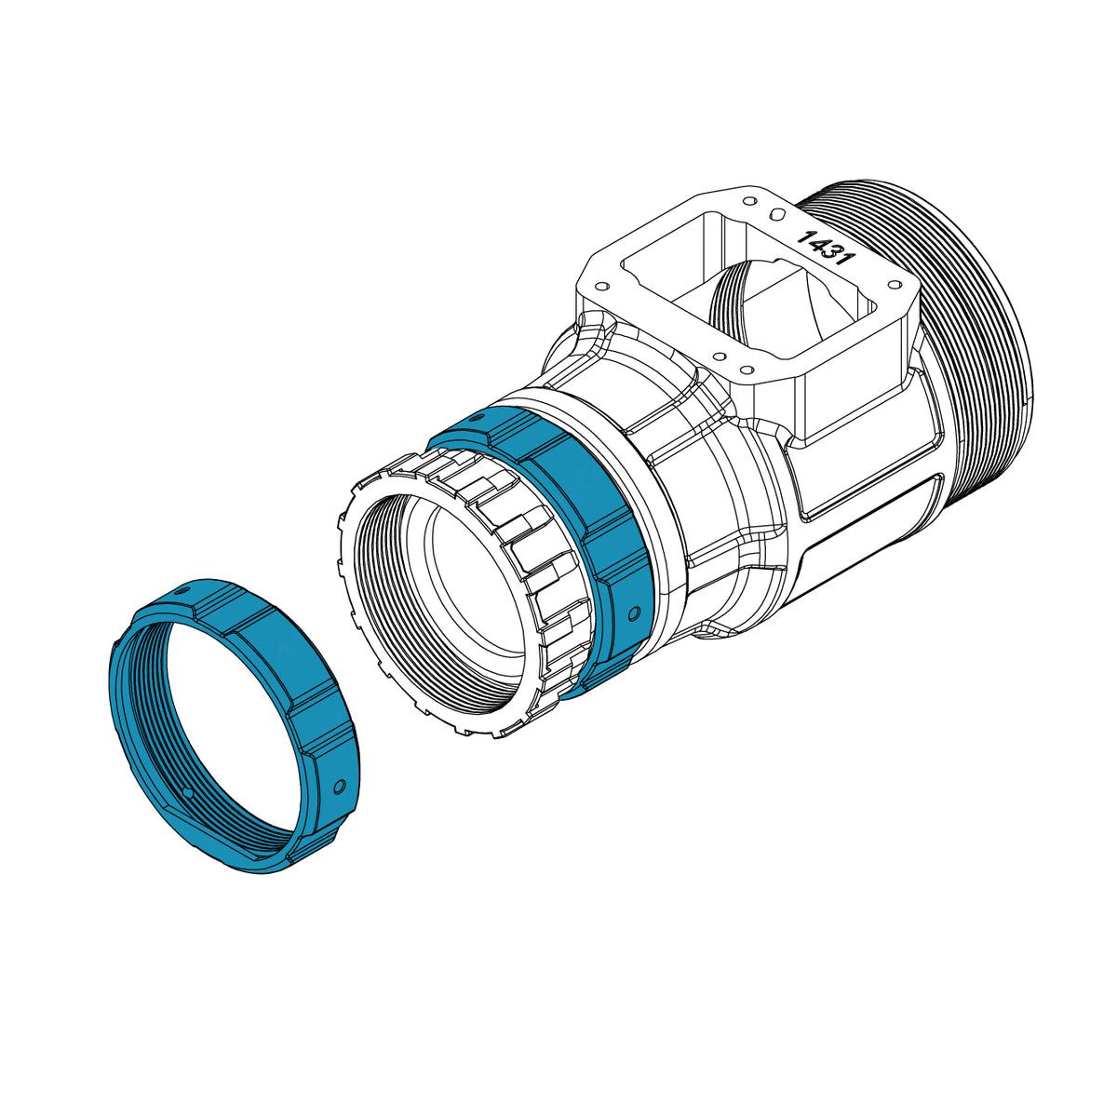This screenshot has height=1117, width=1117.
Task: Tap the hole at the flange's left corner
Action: pyautogui.click(x=603, y=286)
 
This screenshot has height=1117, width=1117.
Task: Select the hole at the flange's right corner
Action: pyautogui.click(x=894, y=284)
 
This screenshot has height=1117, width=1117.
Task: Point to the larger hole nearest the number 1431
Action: pyautogui.click(x=775, y=214)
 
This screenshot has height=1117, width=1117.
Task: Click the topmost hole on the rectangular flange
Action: pyautogui.click(x=750, y=202)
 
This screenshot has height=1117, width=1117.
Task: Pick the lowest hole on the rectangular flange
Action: pyautogui.click(x=747, y=369)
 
